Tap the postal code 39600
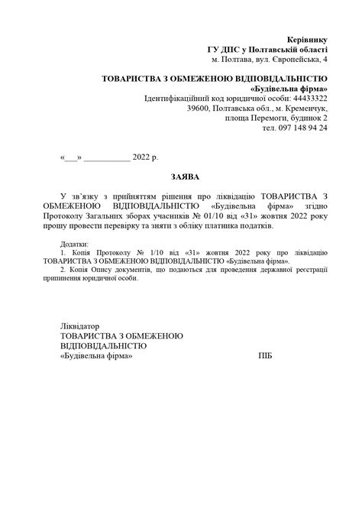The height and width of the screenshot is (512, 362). (201, 109)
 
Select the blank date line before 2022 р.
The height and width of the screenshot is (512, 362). (106, 157)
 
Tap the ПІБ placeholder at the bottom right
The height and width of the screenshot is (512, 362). (265, 356)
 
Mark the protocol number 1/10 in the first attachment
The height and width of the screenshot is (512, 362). (149, 252)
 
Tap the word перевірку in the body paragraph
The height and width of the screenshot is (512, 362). (158, 226)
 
